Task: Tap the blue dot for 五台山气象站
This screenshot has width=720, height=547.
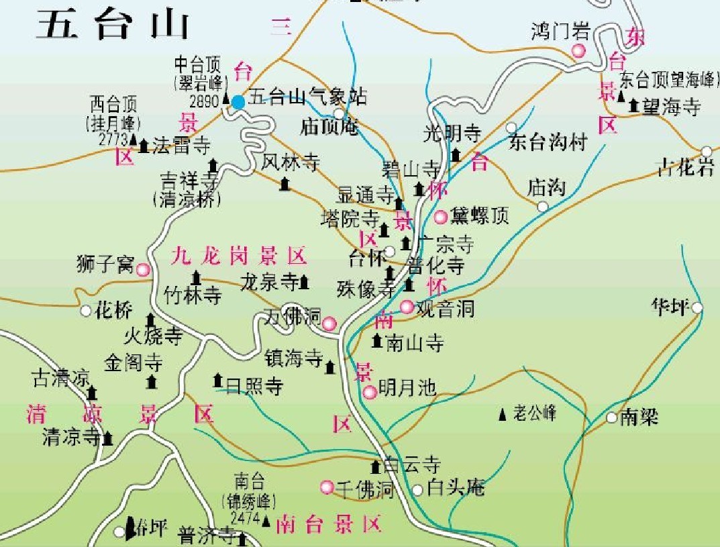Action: (x=238, y=102)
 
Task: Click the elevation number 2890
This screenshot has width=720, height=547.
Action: (x=204, y=102)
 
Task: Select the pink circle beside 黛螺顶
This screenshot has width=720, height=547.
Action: (x=441, y=217)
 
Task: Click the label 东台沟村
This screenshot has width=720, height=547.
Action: (x=548, y=142)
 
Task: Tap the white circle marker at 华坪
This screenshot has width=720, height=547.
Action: (x=698, y=308)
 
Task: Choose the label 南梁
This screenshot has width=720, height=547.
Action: (x=638, y=417)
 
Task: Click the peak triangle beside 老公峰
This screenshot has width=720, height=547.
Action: (x=503, y=414)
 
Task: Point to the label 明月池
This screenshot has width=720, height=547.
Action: (x=407, y=387)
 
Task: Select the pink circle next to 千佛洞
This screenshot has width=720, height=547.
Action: (x=327, y=487)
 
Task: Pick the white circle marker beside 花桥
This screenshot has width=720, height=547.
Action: (x=86, y=311)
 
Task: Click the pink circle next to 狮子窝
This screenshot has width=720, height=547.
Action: (x=143, y=270)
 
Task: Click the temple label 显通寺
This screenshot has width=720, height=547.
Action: (x=365, y=195)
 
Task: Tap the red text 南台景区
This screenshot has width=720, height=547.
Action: (x=328, y=524)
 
